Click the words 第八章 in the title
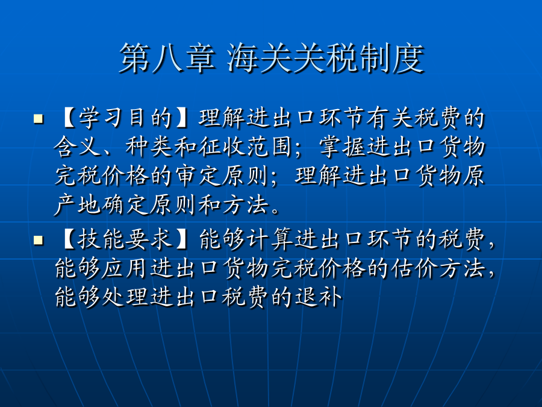coord(167,58)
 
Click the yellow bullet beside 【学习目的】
coord(39,119)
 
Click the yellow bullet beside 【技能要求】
coord(39,240)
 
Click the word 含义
coord(78,147)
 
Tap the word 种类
coord(149,147)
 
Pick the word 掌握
coord(342,147)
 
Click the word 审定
coord(197,176)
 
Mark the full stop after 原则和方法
coord(275,210)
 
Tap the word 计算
coord(270,239)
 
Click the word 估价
coord(414,268)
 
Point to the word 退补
coord(318,297)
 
